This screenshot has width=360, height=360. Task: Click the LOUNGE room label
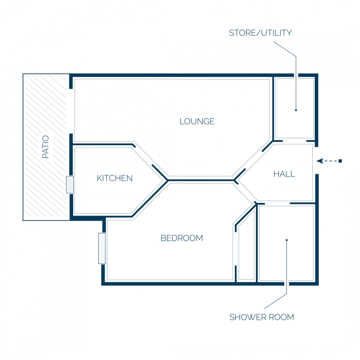[197, 121]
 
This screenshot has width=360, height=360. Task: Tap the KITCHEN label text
[114, 178]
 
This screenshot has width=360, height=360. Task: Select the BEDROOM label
[182, 238]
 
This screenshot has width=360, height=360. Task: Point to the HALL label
[284, 174]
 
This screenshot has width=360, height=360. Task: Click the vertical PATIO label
[45, 147]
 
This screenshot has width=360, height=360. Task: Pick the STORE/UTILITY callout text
[260, 33]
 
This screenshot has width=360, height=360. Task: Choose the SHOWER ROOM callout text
[262, 317]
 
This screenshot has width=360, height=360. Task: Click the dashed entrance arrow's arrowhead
[320, 161]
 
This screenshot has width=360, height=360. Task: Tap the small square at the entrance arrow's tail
[340, 161]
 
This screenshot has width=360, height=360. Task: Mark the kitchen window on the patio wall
[70, 185]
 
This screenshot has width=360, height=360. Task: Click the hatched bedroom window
[102, 248]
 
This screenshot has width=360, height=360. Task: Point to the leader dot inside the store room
[296, 110]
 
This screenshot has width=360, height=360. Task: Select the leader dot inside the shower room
[287, 240]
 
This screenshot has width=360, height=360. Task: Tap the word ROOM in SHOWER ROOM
[281, 317]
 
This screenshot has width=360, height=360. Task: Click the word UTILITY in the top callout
[277, 33]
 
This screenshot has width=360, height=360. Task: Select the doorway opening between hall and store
[294, 141]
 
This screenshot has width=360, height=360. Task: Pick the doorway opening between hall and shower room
[277, 203]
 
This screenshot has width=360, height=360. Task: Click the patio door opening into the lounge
[71, 112]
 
